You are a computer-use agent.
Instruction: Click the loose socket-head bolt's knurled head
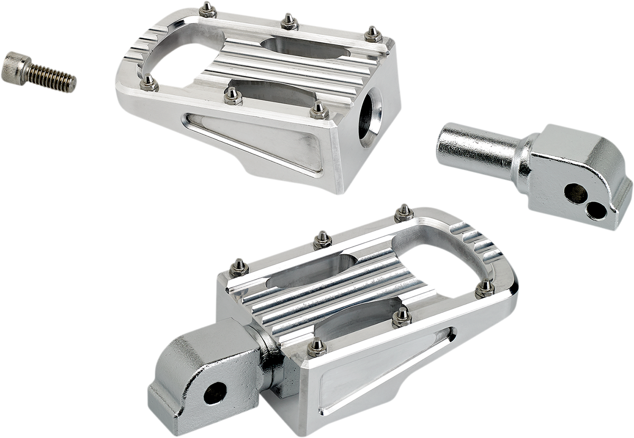(x=14, y=68)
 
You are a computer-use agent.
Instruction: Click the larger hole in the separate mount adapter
(x=575, y=193)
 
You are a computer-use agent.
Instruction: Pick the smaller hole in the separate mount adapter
(x=596, y=211)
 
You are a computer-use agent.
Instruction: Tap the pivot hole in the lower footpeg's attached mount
(x=215, y=393)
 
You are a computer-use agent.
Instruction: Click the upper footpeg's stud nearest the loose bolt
(x=148, y=81)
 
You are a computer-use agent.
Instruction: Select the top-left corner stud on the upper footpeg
(x=208, y=8)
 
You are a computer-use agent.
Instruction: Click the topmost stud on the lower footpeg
(x=404, y=212)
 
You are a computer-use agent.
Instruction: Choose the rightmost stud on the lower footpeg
(x=484, y=288)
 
